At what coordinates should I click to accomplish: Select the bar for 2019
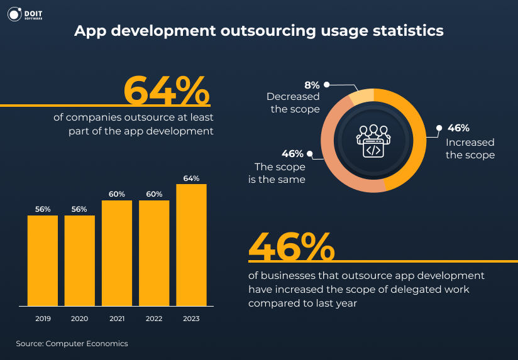pos(43,261)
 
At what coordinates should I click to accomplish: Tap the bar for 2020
pos(80,261)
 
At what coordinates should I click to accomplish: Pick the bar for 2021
pos(117,253)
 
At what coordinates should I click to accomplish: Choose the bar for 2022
pos(154,253)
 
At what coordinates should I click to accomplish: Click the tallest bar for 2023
pos(191,245)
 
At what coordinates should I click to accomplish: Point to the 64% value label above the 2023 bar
pos(191,178)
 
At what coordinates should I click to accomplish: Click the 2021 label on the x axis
pos(117,319)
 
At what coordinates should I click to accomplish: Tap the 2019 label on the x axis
pos(43,319)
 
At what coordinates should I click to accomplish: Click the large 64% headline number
pos(166,91)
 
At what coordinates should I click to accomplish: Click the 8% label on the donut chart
pos(312,85)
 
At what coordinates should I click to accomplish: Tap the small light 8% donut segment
pos(361,96)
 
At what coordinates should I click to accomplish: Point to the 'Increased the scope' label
pos(470,148)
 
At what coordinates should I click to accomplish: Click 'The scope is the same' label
pos(280,173)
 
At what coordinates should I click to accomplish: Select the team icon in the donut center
pos(373,140)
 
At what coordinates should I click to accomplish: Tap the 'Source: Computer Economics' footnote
pos(72,344)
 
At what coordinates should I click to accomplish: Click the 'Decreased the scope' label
pos(293,103)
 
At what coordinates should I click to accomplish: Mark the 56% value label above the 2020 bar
pos(80,209)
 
